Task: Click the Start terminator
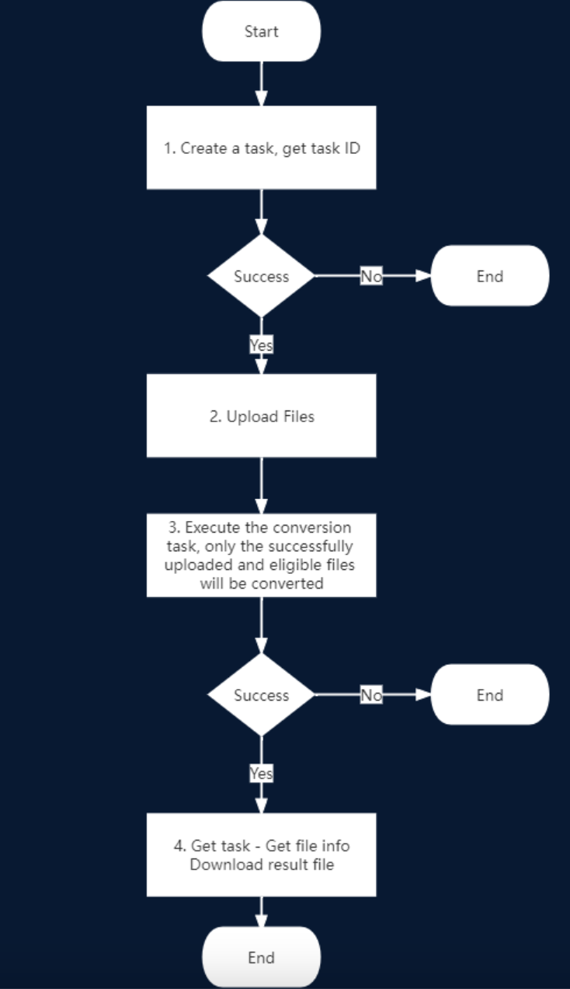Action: (262, 31)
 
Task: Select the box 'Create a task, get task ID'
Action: (262, 148)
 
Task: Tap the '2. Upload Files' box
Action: (262, 415)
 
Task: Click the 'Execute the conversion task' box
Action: (262, 555)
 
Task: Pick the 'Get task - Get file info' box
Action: (262, 854)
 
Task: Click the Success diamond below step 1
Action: (262, 276)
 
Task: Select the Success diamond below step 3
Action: (262, 694)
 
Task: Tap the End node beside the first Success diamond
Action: (490, 275)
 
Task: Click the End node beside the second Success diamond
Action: (490, 694)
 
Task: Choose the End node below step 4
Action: (262, 957)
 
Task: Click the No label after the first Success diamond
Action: (371, 276)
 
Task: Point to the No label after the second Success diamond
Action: (371, 695)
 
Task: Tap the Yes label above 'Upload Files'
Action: (262, 344)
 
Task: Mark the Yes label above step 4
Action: (262, 773)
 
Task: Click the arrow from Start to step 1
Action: (262, 84)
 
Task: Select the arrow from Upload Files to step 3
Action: (262, 485)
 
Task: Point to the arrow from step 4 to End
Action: (262, 911)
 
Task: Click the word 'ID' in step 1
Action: (353, 148)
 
